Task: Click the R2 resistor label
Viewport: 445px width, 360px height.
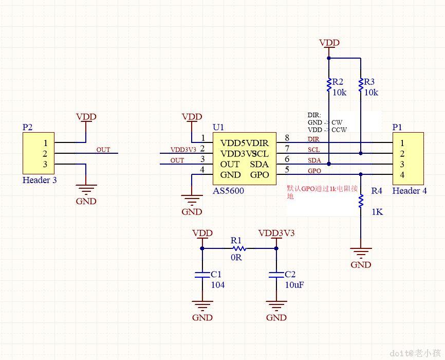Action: tap(338, 82)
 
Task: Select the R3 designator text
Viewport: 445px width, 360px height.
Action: tap(369, 82)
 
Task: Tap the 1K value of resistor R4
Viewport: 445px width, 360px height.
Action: tap(377, 212)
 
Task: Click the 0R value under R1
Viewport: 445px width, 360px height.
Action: tap(236, 257)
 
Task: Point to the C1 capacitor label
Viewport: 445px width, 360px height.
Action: tap(216, 275)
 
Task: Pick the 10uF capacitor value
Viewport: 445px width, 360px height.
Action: tap(294, 284)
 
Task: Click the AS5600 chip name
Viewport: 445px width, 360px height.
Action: tap(228, 191)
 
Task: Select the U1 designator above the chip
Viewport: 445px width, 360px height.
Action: tap(218, 127)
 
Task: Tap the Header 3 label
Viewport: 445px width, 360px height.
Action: tap(40, 180)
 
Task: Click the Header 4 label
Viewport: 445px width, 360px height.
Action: tap(410, 191)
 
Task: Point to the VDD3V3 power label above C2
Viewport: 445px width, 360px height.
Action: tap(276, 233)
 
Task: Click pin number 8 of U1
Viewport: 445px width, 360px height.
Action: tap(287, 138)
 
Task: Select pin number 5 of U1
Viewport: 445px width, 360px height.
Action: tap(287, 169)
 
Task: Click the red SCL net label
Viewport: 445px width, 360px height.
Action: tap(313, 150)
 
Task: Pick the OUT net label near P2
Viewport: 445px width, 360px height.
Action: tap(103, 150)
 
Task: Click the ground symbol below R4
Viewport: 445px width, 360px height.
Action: tap(361, 254)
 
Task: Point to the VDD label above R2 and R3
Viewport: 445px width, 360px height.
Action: tap(329, 42)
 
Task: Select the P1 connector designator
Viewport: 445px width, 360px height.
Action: tap(397, 127)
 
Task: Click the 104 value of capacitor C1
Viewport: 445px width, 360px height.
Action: tap(218, 284)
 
